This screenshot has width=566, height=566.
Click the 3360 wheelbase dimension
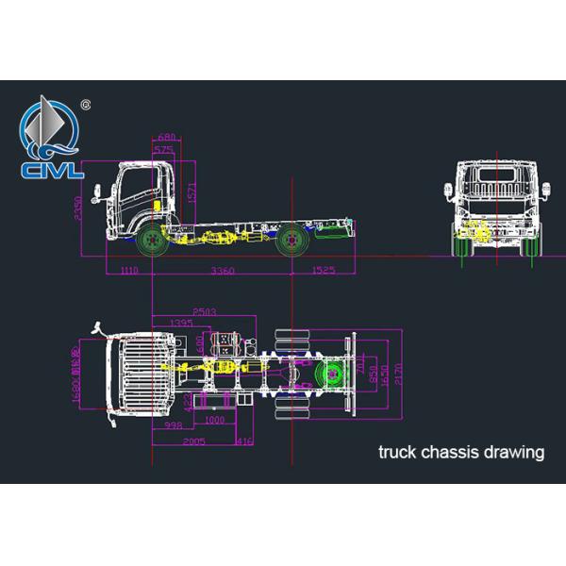pyautogui.click(x=223, y=271)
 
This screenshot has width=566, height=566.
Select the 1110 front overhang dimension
pyautogui.click(x=129, y=271)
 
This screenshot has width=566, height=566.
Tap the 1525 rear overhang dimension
pyautogui.click(x=323, y=271)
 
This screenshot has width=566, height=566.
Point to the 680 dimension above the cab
pyautogui.click(x=165, y=138)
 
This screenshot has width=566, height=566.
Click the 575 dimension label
pyautogui.click(x=164, y=150)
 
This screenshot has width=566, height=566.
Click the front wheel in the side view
pyautogui.click(x=149, y=241)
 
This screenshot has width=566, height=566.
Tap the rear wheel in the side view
pyautogui.click(x=293, y=241)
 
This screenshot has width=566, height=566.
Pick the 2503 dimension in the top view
pyautogui.click(x=205, y=311)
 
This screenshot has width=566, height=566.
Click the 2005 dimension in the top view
pyautogui.click(x=194, y=441)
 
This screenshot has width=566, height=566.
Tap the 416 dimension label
pyautogui.click(x=243, y=441)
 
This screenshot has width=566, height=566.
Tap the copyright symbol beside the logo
pyautogui.click(x=87, y=104)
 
